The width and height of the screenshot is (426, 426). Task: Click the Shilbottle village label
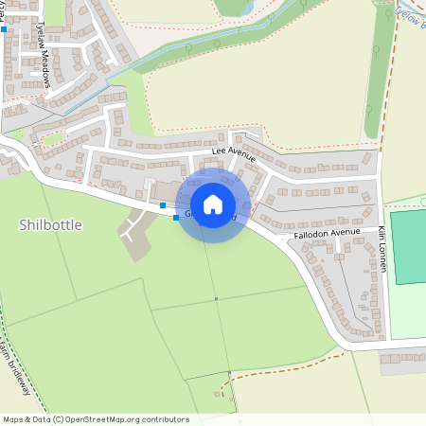(x=50, y=225)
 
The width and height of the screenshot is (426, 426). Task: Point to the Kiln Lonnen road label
(x=382, y=249)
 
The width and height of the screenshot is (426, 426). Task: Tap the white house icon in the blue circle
(x=213, y=204)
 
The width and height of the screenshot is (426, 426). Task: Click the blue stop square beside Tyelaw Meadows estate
(x=4, y=29)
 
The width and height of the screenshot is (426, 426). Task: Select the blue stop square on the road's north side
(x=163, y=204)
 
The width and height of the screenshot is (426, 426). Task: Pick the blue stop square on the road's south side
(x=175, y=219)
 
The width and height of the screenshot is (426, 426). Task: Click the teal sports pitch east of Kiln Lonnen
(x=408, y=246)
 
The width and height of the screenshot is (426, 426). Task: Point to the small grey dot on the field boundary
(x=216, y=299)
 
